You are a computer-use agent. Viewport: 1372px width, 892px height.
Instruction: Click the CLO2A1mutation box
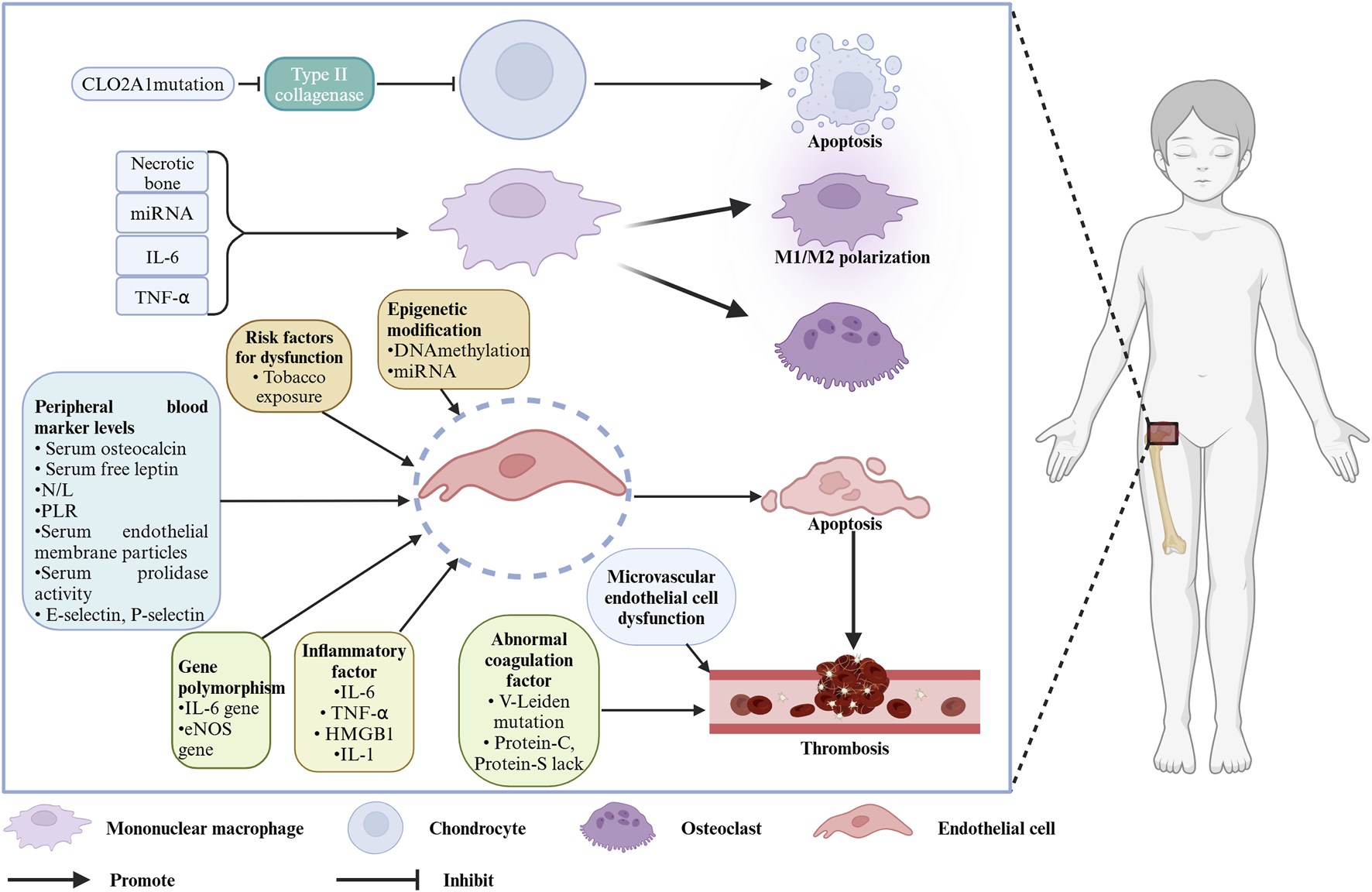[153, 84]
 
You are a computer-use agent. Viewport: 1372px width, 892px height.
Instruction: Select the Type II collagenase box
[319, 84]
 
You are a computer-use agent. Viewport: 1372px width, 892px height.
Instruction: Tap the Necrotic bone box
[163, 172]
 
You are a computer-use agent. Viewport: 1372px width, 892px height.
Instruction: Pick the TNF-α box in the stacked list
[163, 297]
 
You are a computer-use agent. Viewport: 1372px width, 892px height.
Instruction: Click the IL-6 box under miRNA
[163, 256]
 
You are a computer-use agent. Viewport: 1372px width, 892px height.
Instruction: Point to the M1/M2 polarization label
[852, 257]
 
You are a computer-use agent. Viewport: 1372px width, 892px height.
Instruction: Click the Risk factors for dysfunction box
[289, 366]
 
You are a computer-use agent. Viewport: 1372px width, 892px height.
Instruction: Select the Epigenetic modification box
[454, 339]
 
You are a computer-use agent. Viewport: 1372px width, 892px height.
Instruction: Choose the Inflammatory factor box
[354, 702]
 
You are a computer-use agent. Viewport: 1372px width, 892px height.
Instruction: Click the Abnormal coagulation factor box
[529, 701]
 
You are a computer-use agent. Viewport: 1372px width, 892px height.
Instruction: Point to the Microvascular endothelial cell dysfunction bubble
[661, 597]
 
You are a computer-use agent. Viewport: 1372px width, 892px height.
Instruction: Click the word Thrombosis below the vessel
[845, 749]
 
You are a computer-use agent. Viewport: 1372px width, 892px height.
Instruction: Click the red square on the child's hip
[1162, 433]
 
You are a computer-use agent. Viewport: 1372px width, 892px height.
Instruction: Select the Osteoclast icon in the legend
[617, 827]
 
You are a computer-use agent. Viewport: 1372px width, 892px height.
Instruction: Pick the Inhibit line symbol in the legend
[378, 880]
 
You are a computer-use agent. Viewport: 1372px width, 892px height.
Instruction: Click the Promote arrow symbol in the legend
[49, 880]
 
